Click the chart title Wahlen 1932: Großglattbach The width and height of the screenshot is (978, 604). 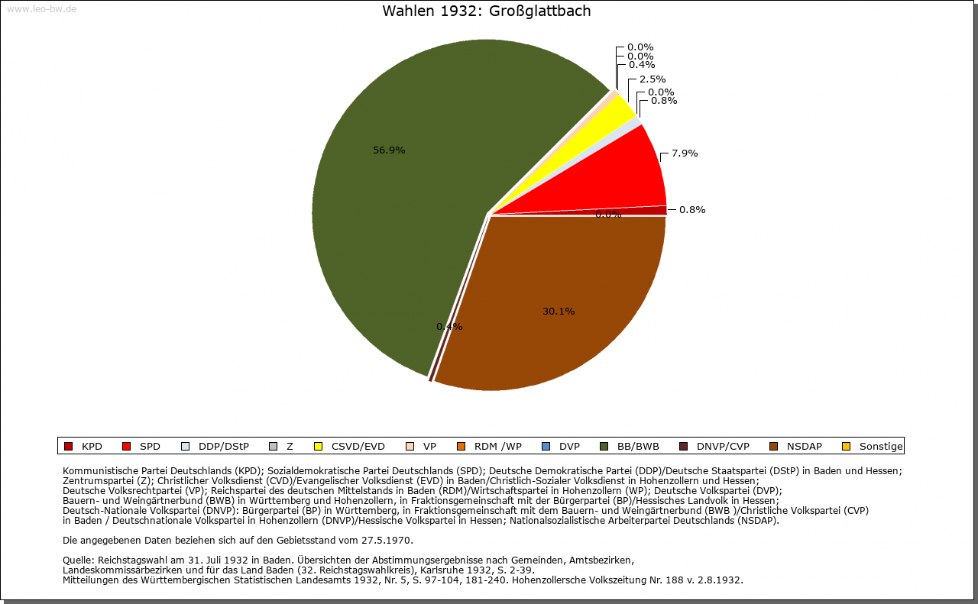coord(486,11)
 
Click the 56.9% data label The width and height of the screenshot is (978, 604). coord(389,150)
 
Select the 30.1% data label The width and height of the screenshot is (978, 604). coord(559,312)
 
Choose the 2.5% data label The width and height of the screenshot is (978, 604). coord(652,79)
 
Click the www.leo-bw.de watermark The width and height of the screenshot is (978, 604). coord(41,9)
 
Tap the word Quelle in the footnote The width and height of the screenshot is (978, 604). coord(79,560)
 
